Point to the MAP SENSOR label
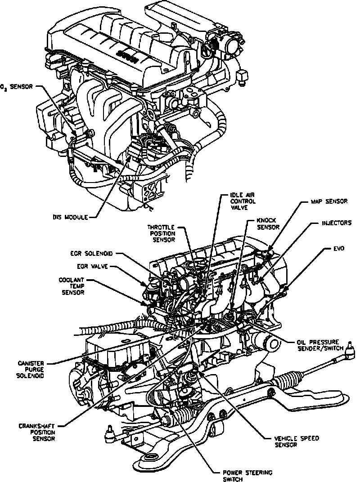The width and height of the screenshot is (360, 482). (328, 202)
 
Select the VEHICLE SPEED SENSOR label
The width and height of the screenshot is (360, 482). (286, 442)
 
